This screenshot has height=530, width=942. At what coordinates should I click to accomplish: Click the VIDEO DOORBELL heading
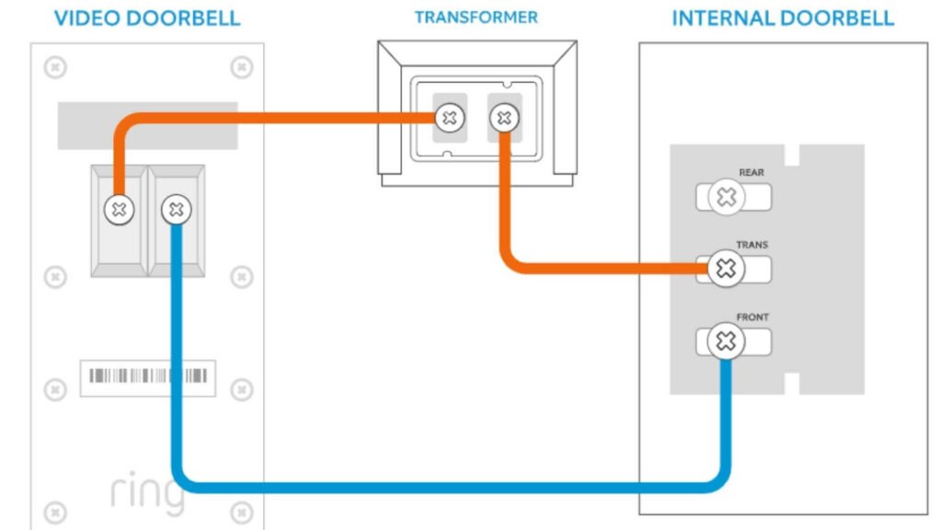147,18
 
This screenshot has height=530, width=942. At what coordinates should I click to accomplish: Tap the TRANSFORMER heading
476,17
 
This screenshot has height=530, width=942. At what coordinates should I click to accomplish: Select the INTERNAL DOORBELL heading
782,18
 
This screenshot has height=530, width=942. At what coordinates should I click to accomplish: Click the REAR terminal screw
727,197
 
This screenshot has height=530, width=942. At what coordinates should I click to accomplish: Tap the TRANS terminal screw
727,269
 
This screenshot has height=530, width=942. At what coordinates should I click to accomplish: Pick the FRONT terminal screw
727,342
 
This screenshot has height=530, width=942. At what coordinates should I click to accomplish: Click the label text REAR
751,173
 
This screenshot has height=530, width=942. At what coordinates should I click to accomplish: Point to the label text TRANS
752,246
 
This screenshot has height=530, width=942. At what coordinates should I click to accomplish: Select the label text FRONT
752,317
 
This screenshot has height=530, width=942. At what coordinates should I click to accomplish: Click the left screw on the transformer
449,118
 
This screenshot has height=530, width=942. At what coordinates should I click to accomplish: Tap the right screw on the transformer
503,118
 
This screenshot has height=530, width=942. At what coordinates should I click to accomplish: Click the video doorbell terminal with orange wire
118,210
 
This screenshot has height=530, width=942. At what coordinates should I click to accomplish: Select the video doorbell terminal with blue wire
177,210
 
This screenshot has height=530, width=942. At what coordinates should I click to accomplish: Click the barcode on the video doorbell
147,376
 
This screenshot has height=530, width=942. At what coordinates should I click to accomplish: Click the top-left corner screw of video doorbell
55,67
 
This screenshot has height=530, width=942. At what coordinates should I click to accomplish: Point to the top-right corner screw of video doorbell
241,67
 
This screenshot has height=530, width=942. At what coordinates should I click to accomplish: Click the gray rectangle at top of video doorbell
147,125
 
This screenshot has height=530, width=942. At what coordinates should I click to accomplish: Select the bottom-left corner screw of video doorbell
55,513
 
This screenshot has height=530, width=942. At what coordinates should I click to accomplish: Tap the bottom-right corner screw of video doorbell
241,513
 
